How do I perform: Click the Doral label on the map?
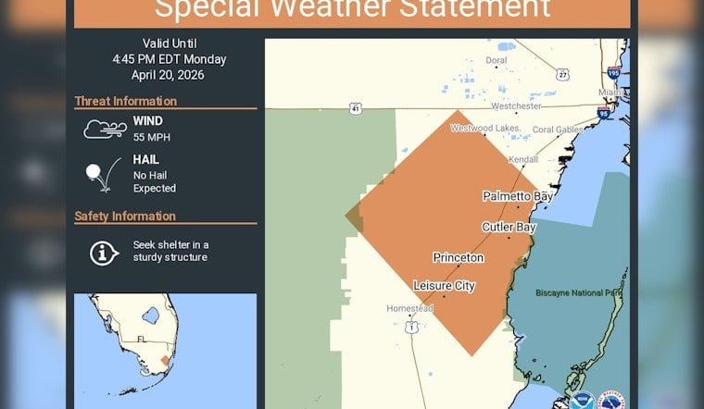(x=497, y=59)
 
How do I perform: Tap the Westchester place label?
(x=515, y=105)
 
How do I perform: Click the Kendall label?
(x=522, y=160)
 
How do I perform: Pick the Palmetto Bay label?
(x=517, y=196)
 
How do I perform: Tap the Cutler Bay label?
(x=509, y=227)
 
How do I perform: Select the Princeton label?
(x=458, y=257)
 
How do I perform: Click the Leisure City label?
(x=444, y=286)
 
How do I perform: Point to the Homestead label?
(x=410, y=308)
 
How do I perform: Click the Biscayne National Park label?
(x=577, y=293)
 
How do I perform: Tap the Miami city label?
(x=610, y=93)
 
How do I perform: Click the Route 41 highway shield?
(x=357, y=108)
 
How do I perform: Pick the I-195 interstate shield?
(x=613, y=72)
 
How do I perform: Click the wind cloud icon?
(x=105, y=129)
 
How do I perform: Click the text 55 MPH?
(x=151, y=137)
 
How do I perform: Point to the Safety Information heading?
(x=125, y=217)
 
